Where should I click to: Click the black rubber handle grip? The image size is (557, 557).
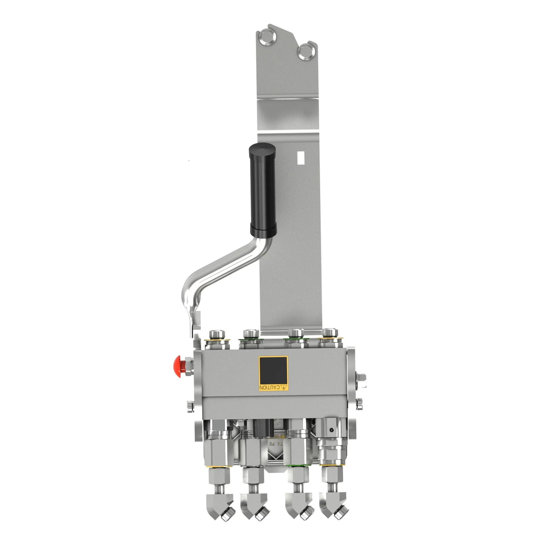pyautogui.click(x=262, y=189)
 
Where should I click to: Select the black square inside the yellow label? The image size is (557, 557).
pyautogui.click(x=273, y=370)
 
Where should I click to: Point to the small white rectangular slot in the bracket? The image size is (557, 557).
pyautogui.click(x=301, y=158)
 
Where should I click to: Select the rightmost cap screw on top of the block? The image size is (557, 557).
pyautogui.click(x=330, y=333)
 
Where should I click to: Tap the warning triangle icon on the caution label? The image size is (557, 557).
pyautogui.click(x=284, y=387)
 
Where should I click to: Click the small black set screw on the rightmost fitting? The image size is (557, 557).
pyautogui.click(x=332, y=438)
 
